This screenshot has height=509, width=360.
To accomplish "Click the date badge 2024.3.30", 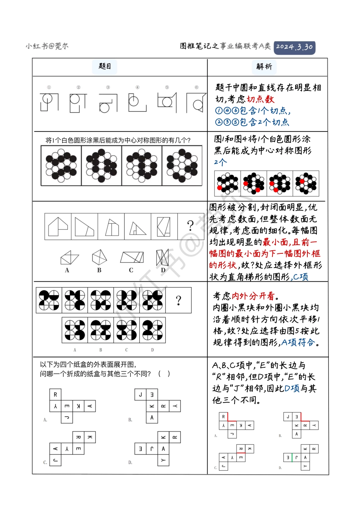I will tap(294, 47).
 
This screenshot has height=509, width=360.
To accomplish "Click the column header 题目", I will tap(105, 67).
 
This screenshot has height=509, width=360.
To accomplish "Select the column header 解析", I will tap(264, 67).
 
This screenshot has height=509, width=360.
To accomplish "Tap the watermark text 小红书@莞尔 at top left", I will tap(47, 46).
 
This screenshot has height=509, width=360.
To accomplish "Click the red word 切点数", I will tap(260, 99).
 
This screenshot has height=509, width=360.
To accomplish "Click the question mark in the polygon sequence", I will tap(191, 226).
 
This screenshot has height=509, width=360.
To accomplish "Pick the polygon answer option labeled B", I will tap(99, 258).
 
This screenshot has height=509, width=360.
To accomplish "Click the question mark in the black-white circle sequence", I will tap(178, 301).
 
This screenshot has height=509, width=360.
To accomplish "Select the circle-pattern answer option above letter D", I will tap(152, 330).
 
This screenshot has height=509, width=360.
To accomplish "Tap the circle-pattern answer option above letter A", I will tap(75, 330).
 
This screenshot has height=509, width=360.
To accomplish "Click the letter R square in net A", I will tap(55, 395).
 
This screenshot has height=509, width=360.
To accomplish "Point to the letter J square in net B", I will tap(141, 395).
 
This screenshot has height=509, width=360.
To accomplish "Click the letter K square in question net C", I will tap(90, 437).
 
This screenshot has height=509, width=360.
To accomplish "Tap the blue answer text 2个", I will tap(220, 162).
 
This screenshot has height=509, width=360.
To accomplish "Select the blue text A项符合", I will tap(298, 343).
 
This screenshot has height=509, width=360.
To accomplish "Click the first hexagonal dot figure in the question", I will tap(61, 166).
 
